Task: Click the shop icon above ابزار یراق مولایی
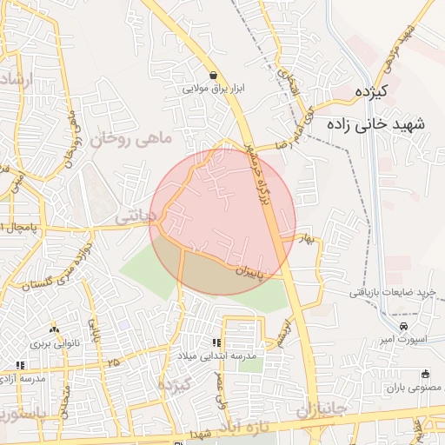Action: pyautogui.click(x=214, y=75)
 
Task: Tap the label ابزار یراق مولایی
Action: pyautogui.click(x=214, y=89)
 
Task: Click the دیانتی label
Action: pyautogui.click(x=138, y=213)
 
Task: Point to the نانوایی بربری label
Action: pyautogui.click(x=55, y=343)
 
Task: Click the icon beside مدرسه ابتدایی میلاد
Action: pyautogui.click(x=216, y=342)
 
